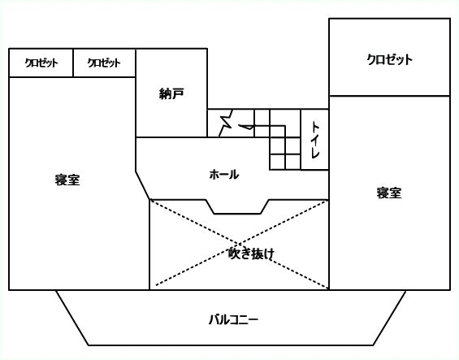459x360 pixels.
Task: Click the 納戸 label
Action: tap(171, 93)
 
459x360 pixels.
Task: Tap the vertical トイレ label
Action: tap(315, 140)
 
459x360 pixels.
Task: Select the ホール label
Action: tap(224, 175)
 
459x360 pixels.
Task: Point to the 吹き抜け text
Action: tap(251, 254)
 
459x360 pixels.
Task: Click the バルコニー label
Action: tap(233, 319)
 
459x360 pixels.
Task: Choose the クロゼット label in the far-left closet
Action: tap(41, 63)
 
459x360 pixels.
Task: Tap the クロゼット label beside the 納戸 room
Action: tap(104, 63)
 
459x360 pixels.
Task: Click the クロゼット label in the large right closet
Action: tap(390, 59)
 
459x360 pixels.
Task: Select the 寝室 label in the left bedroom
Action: tap(67, 180)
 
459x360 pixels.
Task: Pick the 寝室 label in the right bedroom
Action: tap(389, 193)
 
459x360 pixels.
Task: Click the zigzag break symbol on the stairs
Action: tap(226, 123)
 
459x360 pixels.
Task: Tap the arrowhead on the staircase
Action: tap(246, 127)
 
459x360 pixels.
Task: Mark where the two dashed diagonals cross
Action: tap(240, 244)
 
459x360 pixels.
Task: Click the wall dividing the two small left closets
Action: tap(73, 63)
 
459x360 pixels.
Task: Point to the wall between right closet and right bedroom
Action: tap(390, 96)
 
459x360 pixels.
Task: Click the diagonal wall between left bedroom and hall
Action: tap(142, 186)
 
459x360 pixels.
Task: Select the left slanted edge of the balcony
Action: tap(72, 318)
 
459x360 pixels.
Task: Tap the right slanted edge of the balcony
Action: tap(390, 318)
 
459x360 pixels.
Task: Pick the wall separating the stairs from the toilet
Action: tap(301, 140)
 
